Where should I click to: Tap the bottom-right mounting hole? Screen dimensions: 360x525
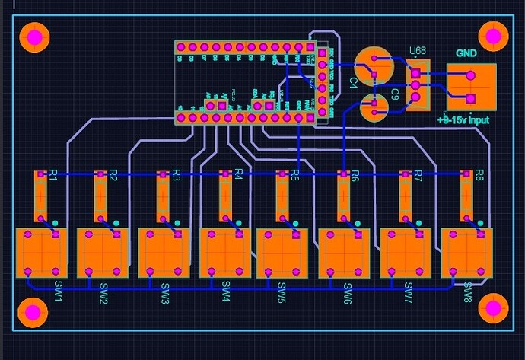tap(494, 308)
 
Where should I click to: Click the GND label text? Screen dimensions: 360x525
tap(466, 53)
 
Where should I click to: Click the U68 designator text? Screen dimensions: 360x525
tap(417, 52)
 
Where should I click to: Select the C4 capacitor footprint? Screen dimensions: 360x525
tap(374, 64)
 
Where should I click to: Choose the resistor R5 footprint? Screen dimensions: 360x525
tap(282, 196)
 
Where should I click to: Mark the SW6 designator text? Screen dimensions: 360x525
tap(348, 291)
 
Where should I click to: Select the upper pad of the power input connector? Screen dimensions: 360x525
tap(470, 76)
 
